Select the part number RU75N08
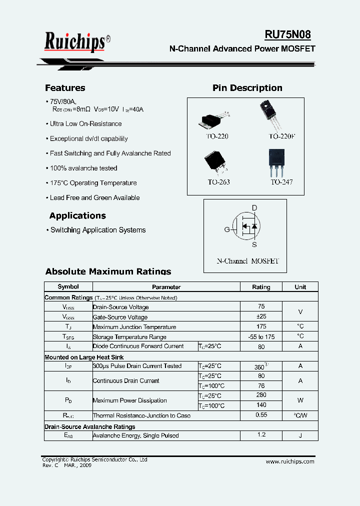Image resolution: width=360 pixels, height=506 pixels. pyautogui.click(x=287, y=34)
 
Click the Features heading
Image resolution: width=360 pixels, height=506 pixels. pyautogui.click(x=65, y=88)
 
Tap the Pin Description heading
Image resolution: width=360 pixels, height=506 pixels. pyautogui.click(x=247, y=88)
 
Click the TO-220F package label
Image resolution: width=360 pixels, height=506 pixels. pyautogui.click(x=282, y=136)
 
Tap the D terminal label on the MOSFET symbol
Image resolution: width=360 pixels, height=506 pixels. pyautogui.click(x=254, y=208)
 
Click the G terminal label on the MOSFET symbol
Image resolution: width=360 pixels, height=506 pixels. pyautogui.click(x=227, y=229)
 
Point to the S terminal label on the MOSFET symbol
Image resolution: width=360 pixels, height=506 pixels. pyautogui.click(x=254, y=244)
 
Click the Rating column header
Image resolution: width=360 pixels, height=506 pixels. pyautogui.click(x=261, y=287)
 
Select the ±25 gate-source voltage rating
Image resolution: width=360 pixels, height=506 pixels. pyautogui.click(x=261, y=316)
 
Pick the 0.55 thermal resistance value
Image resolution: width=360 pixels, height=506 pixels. pyautogui.click(x=261, y=415)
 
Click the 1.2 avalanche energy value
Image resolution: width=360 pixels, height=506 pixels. pyautogui.click(x=261, y=435)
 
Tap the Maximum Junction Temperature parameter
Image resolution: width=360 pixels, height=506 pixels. pyautogui.click(x=134, y=327)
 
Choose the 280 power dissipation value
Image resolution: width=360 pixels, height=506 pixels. pyautogui.click(x=261, y=395)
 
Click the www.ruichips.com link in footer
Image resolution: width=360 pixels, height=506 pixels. pyautogui.click(x=290, y=461)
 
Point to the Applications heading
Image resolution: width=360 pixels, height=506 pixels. pyautogui.click(x=77, y=216)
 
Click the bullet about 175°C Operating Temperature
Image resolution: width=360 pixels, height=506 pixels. pyautogui.click(x=93, y=183)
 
